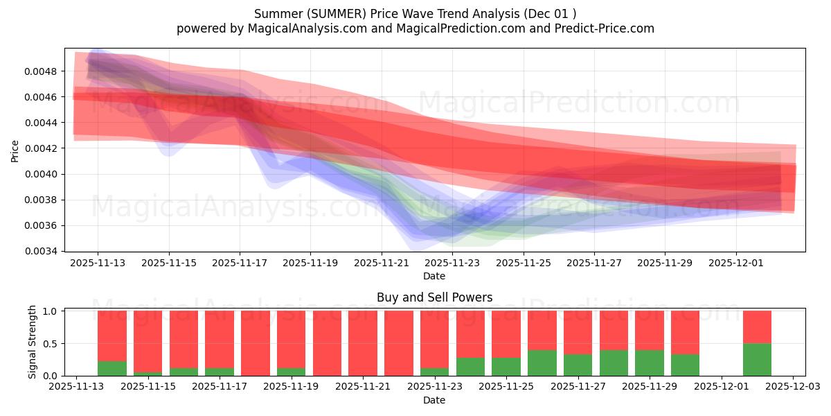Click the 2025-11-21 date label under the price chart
(x=382, y=263)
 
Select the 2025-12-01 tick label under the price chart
(x=736, y=263)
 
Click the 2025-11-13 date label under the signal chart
(x=77, y=388)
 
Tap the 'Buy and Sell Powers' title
(x=434, y=297)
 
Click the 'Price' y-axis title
(x=15, y=151)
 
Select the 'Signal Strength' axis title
(x=33, y=343)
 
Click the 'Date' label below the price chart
(x=434, y=276)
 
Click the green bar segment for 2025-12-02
(x=757, y=359)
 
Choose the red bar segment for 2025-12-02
(x=757, y=327)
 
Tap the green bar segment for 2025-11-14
(x=112, y=368)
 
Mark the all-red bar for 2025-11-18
(x=256, y=343)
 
